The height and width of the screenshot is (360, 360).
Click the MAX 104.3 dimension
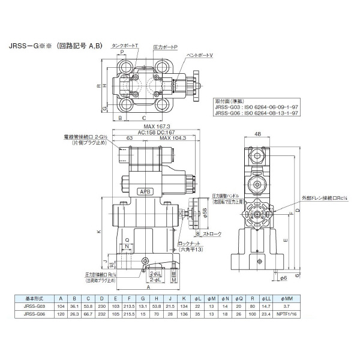pos(173,139)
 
